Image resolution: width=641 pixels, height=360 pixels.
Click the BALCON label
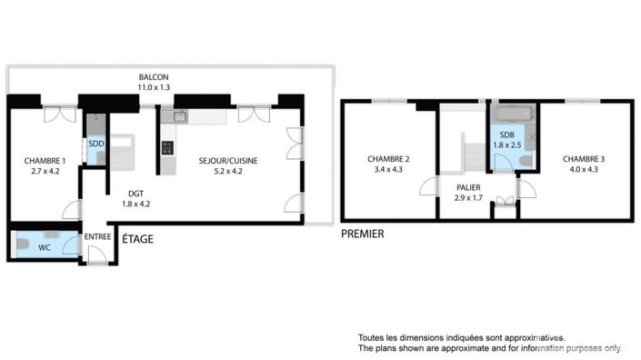154,76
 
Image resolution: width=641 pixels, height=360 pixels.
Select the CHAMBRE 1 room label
45,161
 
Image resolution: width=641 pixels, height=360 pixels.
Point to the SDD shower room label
95,143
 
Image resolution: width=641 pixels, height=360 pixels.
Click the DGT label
135,194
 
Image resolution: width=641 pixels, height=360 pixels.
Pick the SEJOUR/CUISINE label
228,161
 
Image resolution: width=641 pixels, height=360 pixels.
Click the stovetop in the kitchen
166,146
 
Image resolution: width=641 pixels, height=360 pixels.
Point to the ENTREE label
97,237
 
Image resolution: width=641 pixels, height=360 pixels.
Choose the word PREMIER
362,234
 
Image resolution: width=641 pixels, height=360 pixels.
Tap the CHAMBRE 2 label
388,159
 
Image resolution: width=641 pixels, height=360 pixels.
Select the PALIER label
468,187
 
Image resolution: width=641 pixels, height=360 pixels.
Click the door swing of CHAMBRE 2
426,189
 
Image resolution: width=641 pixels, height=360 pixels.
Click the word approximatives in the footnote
531,336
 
